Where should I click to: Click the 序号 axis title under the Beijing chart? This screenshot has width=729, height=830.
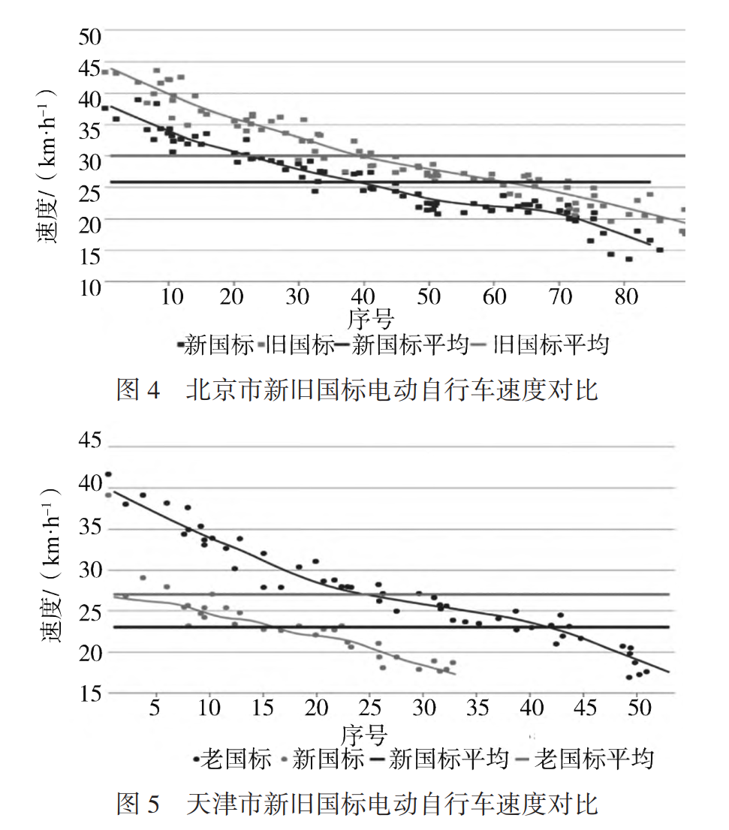[371, 319]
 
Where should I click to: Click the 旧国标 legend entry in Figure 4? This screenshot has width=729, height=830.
[295, 344]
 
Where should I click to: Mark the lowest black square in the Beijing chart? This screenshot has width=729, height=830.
[628, 259]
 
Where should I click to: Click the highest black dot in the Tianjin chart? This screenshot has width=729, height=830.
[108, 474]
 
